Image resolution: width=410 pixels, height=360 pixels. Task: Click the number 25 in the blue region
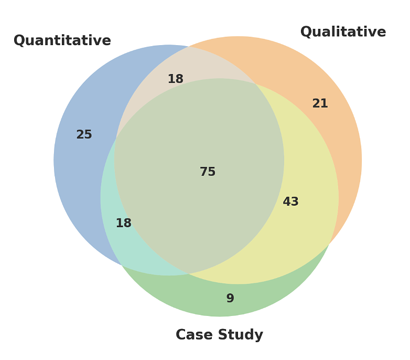pos(84,135)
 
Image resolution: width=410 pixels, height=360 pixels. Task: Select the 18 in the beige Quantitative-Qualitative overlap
pos(175,79)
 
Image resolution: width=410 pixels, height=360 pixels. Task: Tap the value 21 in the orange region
pos(320,104)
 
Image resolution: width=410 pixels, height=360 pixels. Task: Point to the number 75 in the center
pos(208,172)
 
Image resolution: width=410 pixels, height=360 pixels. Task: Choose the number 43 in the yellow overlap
pos(290,202)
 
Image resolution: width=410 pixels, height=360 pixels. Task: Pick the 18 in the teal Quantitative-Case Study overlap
pos(123,224)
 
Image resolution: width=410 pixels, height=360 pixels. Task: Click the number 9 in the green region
pos(230,299)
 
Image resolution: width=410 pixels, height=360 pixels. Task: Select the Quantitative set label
pos(62,41)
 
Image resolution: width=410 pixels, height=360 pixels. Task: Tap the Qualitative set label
pos(343,33)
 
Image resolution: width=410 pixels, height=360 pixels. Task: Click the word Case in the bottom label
pos(193,335)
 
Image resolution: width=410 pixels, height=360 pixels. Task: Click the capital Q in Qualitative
pos(306,33)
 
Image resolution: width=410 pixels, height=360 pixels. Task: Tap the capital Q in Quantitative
pos(19,41)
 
